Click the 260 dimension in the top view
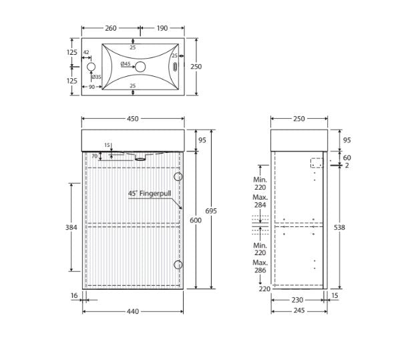(111, 28)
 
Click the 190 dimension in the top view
(162, 28)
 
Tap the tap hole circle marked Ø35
(91, 67)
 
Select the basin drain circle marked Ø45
(140, 67)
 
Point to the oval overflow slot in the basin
(175, 67)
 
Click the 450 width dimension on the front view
(133, 119)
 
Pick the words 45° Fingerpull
(150, 194)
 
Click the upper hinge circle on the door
(178, 176)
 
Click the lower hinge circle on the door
(178, 264)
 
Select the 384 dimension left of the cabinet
(71, 227)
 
